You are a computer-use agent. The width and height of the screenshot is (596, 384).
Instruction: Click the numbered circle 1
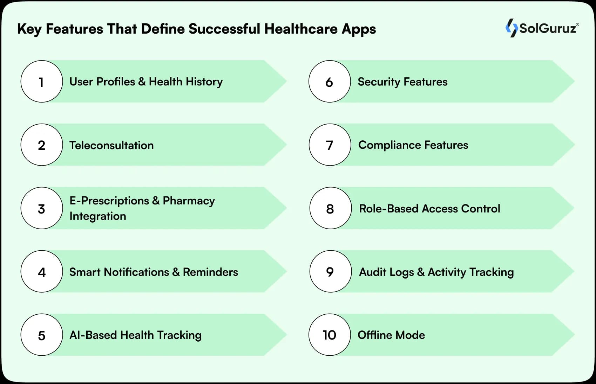click(42, 82)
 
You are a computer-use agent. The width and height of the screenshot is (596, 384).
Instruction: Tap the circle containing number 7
click(330, 145)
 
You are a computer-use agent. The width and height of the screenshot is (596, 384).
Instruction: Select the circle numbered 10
click(330, 335)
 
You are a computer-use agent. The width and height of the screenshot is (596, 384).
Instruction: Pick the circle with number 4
click(42, 272)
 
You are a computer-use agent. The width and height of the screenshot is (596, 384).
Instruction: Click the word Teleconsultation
click(111, 145)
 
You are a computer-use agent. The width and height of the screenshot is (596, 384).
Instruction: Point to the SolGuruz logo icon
click(511, 28)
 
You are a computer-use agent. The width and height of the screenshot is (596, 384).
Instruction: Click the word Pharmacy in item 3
click(189, 201)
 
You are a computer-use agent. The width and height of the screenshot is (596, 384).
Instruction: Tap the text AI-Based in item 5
click(93, 335)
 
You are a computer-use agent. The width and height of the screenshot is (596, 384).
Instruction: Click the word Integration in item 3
click(98, 216)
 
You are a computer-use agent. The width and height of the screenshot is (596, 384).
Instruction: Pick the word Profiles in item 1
click(116, 82)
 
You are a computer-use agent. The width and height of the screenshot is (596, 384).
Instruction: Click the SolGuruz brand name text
click(548, 28)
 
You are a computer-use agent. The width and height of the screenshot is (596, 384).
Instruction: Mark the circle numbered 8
click(330, 209)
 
